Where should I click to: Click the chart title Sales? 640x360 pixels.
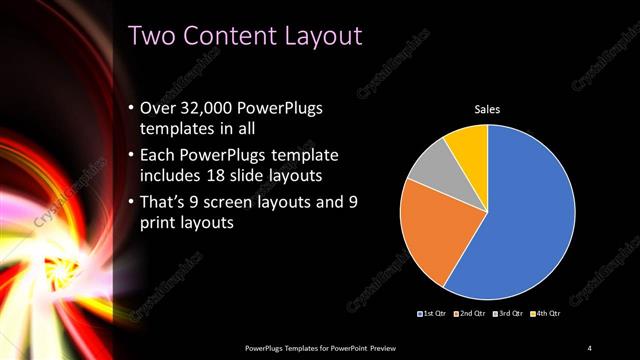pos(487,109)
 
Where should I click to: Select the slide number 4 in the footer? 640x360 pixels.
pos(590,347)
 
